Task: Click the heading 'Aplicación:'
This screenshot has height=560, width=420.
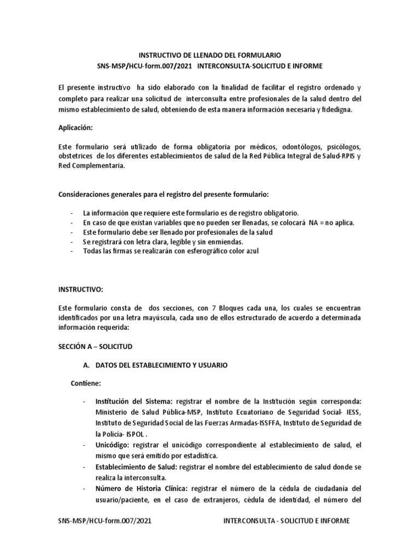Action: pyautogui.click(x=76, y=128)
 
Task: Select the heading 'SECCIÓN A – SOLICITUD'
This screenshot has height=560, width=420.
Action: pyautogui.click(x=95, y=347)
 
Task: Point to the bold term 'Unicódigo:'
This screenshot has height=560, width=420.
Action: pyautogui.click(x=112, y=445)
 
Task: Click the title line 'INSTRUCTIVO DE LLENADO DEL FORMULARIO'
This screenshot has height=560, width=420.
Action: pyautogui.click(x=209, y=56)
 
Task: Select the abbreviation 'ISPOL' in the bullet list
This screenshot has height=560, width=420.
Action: pyautogui.click(x=136, y=434)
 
